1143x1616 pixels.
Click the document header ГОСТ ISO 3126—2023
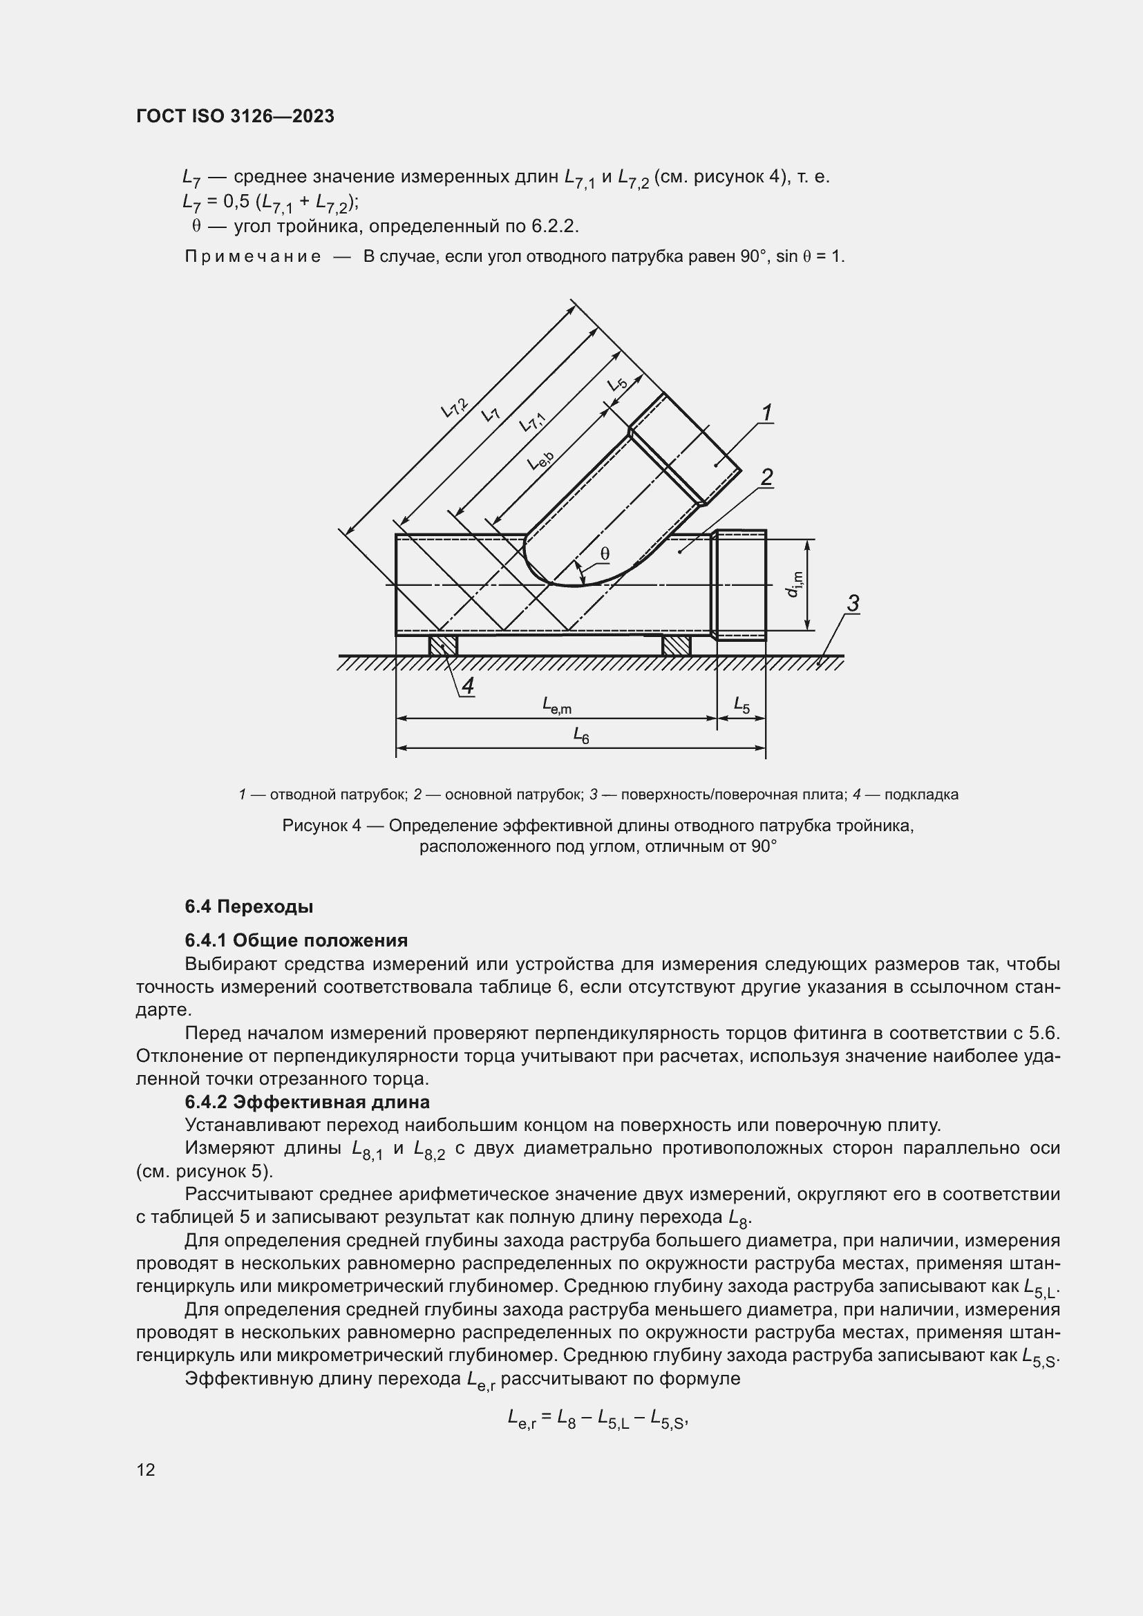click(x=235, y=116)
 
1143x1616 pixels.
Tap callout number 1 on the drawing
click(x=766, y=412)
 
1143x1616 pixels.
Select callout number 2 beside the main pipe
click(x=766, y=477)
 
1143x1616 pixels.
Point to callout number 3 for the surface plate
click(x=852, y=603)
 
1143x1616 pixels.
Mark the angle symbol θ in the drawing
click(x=605, y=555)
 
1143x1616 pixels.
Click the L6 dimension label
click(x=580, y=736)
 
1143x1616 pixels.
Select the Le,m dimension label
click(x=556, y=705)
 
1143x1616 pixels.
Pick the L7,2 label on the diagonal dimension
click(x=454, y=408)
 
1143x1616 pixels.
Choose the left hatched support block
click(x=444, y=645)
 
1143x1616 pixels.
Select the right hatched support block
click(x=676, y=645)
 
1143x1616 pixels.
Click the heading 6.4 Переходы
click(x=249, y=906)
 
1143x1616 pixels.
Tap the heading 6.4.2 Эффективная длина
click(x=307, y=1101)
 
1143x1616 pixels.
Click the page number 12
click(x=146, y=1470)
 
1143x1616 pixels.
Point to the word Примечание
click(x=253, y=257)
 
